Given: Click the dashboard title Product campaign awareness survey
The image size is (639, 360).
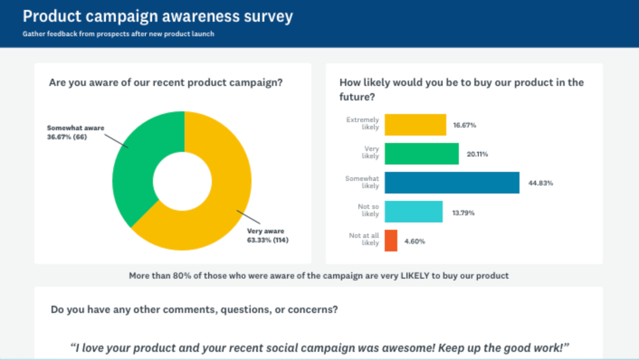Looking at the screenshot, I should pyautogui.click(x=157, y=17).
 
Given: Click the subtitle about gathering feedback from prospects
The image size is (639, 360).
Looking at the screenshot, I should pyautogui.click(x=118, y=34).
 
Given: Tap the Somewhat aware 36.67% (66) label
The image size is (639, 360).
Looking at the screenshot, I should pyautogui.click(x=75, y=132).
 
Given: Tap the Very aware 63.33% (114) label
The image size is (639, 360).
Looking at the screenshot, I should pyautogui.click(x=267, y=235).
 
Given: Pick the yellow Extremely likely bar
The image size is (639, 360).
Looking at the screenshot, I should pyautogui.click(x=415, y=125).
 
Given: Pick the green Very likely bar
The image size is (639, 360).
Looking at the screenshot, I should pyautogui.click(x=421, y=154).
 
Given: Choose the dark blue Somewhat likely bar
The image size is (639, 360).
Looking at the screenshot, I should pyautogui.click(x=452, y=183).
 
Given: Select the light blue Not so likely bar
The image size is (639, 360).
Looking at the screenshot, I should pyautogui.click(x=413, y=212).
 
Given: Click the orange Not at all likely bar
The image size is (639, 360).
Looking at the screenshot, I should pyautogui.click(x=391, y=241).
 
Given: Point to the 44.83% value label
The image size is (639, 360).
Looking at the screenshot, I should pyautogui.click(x=540, y=183).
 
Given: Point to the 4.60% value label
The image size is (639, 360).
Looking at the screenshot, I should pyautogui.click(x=415, y=242).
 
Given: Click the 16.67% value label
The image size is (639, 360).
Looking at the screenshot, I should pyautogui.click(x=464, y=125).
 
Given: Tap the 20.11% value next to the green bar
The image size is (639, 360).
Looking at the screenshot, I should pyautogui.click(x=477, y=154).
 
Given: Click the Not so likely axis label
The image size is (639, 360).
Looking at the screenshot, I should pyautogui.click(x=368, y=210).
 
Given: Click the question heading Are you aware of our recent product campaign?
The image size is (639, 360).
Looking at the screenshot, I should pyautogui.click(x=166, y=83).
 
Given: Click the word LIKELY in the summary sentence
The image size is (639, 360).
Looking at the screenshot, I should pyautogui.click(x=415, y=275).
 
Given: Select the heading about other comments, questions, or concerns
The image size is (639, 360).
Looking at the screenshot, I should pyautogui.click(x=194, y=310).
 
